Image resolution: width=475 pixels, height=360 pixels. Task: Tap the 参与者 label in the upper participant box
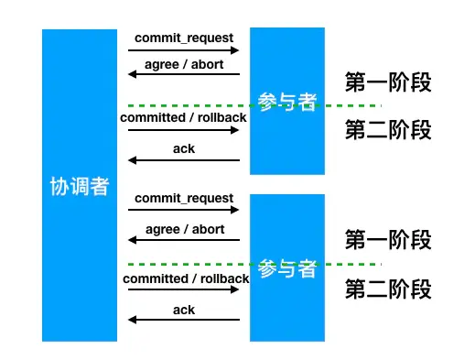coord(287,102)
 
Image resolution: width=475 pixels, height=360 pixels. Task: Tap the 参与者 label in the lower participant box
coord(287,270)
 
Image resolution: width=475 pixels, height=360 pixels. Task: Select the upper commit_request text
coord(184,38)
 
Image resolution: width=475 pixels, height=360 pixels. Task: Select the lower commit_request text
coord(184,198)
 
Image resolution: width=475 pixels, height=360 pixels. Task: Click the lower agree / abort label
coord(184,230)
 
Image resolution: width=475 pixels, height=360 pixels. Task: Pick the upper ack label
coord(184,148)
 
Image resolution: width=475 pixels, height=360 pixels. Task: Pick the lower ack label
coord(184,310)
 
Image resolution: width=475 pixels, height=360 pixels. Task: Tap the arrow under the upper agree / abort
coord(184,75)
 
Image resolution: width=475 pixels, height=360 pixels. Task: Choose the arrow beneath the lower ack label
coord(184,320)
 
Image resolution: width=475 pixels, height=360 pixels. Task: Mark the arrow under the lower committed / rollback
coord(184,289)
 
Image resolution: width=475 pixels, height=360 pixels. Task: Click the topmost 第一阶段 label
coord(387,82)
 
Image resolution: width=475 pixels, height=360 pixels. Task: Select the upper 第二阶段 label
coord(387,130)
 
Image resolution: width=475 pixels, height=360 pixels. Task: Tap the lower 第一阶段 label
coord(387,242)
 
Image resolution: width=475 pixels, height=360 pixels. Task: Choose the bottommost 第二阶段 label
coord(387,291)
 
